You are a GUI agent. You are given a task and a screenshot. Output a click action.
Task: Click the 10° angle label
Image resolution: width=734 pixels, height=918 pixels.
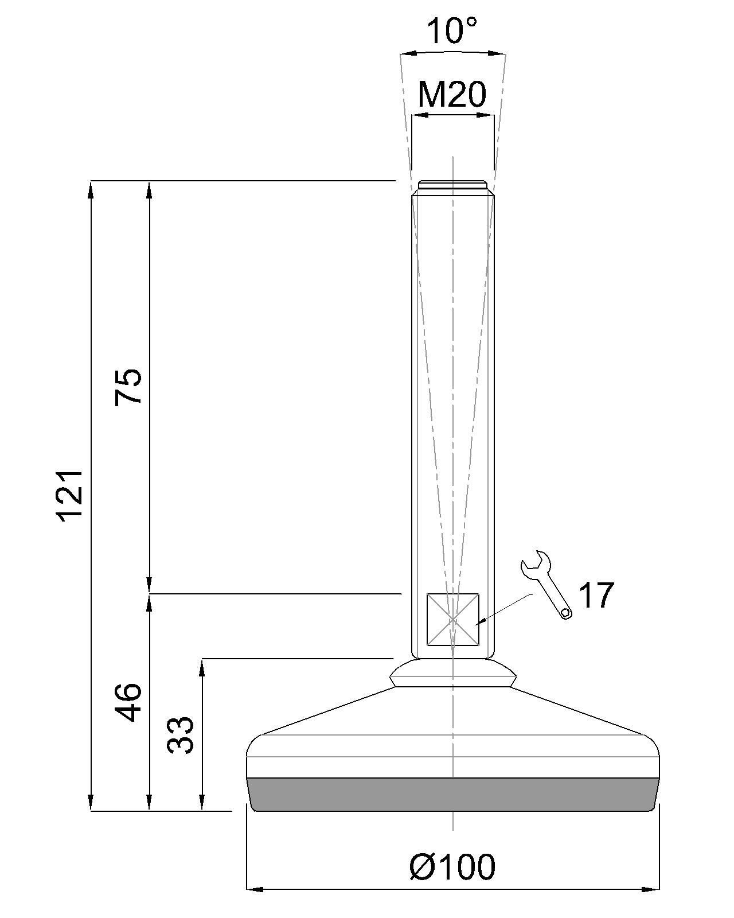click(452, 31)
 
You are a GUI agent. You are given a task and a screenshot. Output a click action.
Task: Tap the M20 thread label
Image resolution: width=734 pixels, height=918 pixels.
click(452, 95)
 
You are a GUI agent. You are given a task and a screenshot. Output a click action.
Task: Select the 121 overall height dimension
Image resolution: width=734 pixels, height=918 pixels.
click(72, 495)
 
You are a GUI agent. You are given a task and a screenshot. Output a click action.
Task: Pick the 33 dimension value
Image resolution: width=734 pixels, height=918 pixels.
click(181, 735)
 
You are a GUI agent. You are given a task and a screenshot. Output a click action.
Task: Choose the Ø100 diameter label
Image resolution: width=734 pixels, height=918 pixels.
click(452, 867)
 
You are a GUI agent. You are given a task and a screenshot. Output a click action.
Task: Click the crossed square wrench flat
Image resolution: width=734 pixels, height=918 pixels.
click(453, 620)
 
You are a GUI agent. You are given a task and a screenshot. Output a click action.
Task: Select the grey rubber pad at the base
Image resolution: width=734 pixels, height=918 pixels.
click(453, 795)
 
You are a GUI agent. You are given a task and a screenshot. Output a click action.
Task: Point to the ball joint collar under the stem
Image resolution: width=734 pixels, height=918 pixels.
click(453, 672)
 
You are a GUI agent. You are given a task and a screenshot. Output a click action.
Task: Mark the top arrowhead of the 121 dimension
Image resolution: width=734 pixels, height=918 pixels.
click(91, 189)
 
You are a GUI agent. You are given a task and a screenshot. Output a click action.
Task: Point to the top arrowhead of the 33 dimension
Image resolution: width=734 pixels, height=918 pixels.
click(202, 667)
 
